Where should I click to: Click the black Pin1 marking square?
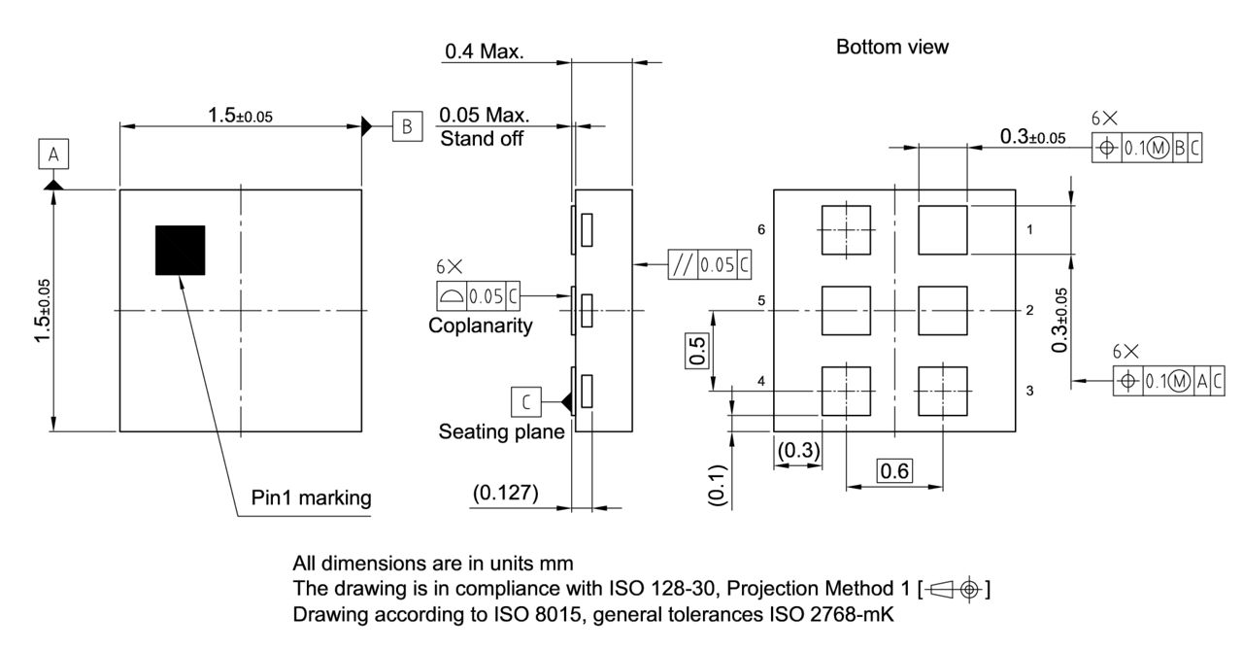tap(181, 250)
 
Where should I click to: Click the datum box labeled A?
tap(53, 154)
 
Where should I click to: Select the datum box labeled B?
tap(407, 125)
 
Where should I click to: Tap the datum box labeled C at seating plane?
tap(524, 400)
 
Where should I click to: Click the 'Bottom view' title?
tap(891, 48)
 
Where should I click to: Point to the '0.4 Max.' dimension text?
tap(484, 51)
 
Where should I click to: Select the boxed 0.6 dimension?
tap(894, 471)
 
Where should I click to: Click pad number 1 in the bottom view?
tap(942, 229)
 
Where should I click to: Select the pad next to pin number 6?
tap(846, 229)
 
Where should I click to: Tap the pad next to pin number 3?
tap(942, 391)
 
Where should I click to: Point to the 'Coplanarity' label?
tap(480, 325)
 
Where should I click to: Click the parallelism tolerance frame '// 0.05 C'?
tap(709, 263)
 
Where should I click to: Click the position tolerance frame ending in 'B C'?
tap(1147, 148)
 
